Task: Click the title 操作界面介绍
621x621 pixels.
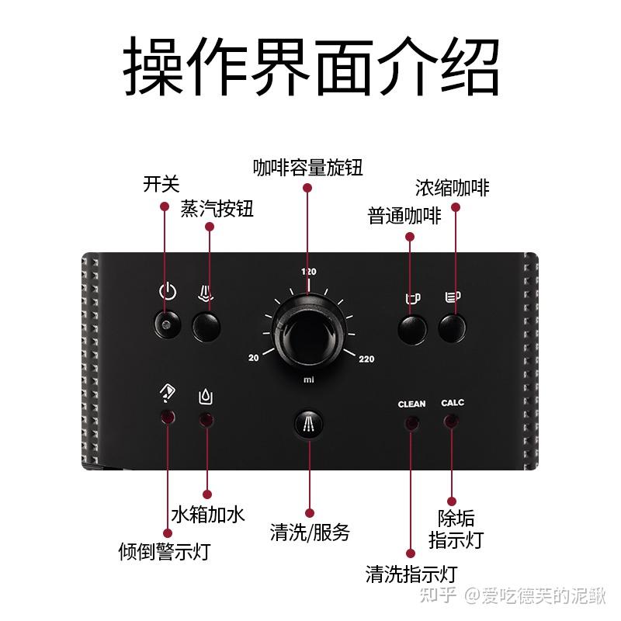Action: pos(310,68)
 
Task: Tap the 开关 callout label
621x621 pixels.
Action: pos(161,184)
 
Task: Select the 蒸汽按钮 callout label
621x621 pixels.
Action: pos(217,209)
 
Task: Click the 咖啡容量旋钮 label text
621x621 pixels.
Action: pos(307,167)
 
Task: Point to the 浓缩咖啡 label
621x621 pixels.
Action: pos(452,187)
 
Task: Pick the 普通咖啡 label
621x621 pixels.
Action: pos(404,216)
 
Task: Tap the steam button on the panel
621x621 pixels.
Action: pos(206,326)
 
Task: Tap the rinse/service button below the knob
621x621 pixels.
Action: pos(308,425)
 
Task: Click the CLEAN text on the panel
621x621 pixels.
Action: pos(411,404)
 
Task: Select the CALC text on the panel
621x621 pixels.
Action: pos(453,403)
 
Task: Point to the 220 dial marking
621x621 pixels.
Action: pos(366,359)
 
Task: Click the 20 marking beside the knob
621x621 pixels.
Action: pos(253,358)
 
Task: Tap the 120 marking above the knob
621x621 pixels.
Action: pos(309,272)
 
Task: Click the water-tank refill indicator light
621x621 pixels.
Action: pos(206,420)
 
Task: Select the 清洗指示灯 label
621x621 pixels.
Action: pos(411,574)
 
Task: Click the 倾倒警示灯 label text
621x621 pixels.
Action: pos(165,551)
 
